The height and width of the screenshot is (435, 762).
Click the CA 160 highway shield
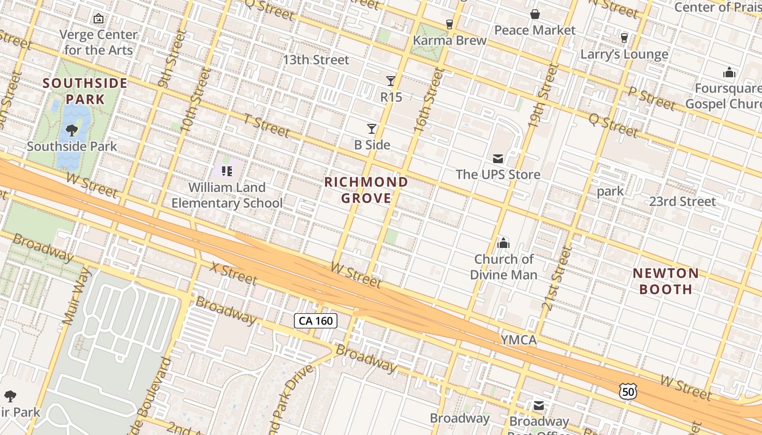(x=316, y=321)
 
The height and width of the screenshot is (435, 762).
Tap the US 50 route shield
(x=628, y=391)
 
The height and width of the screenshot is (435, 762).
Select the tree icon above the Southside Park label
(x=71, y=130)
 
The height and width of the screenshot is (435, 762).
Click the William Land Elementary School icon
(x=227, y=172)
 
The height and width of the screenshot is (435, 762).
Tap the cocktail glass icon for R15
(x=391, y=81)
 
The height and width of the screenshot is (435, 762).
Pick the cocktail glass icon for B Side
(x=372, y=129)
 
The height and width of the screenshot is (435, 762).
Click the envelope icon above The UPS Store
(x=498, y=159)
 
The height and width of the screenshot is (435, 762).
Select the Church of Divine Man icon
(x=503, y=243)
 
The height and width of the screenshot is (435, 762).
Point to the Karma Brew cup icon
(x=450, y=24)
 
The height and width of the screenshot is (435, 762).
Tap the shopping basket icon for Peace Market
(x=534, y=14)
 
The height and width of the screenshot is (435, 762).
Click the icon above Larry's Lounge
(x=624, y=38)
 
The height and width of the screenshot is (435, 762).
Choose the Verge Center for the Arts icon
(x=99, y=18)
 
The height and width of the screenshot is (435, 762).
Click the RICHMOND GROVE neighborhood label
(x=366, y=190)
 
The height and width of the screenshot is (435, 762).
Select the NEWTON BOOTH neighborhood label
(x=666, y=281)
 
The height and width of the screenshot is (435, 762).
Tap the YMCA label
(x=519, y=340)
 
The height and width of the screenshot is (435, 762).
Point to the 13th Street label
(x=316, y=60)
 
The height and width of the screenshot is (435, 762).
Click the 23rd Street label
(x=683, y=202)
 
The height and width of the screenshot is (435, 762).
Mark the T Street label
(x=266, y=126)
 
